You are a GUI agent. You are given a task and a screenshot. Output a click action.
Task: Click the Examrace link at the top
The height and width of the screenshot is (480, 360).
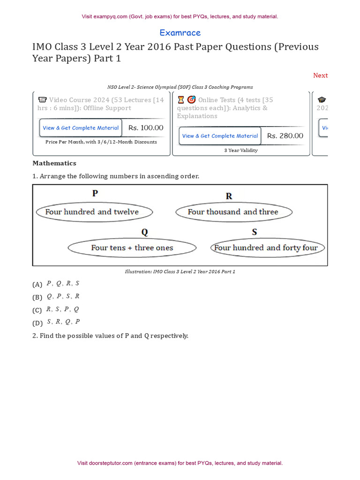180,33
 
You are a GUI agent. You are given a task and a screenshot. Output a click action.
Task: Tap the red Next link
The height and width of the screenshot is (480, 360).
320,75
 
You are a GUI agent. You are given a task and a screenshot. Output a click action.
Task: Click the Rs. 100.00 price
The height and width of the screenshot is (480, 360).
146,127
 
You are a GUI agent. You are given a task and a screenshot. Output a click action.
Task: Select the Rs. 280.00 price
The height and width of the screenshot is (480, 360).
285,136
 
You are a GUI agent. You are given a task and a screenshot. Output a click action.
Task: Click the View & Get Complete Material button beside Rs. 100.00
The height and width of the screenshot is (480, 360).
81,128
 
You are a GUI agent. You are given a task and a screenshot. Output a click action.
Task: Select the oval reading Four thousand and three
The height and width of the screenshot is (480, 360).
233,212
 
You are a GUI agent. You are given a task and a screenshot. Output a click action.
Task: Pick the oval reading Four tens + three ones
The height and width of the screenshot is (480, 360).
132,248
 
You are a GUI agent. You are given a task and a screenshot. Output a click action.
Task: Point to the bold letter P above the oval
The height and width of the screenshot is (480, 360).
95,193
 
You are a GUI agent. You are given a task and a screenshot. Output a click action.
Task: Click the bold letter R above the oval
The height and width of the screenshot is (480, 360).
229,196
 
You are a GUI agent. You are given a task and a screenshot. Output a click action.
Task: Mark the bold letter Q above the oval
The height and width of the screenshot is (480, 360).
144,232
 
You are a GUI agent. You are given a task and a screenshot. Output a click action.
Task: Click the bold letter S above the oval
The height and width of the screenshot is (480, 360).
255,232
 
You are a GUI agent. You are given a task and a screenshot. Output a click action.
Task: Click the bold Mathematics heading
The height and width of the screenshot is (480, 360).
54,163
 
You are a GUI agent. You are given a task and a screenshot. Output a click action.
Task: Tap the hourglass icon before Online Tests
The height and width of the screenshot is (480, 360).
181,100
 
